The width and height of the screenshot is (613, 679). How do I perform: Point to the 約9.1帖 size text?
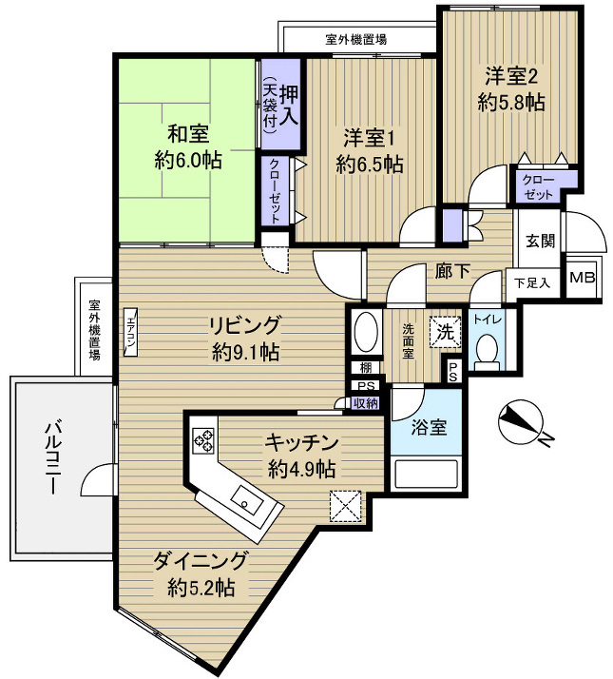[245, 352]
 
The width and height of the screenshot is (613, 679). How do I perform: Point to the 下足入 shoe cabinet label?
[532, 282]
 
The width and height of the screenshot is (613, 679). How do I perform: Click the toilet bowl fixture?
[487, 350]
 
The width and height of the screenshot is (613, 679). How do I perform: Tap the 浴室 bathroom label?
[428, 427]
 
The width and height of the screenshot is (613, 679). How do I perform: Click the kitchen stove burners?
[203, 438]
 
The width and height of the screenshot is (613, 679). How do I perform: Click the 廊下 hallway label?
[452, 272]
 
